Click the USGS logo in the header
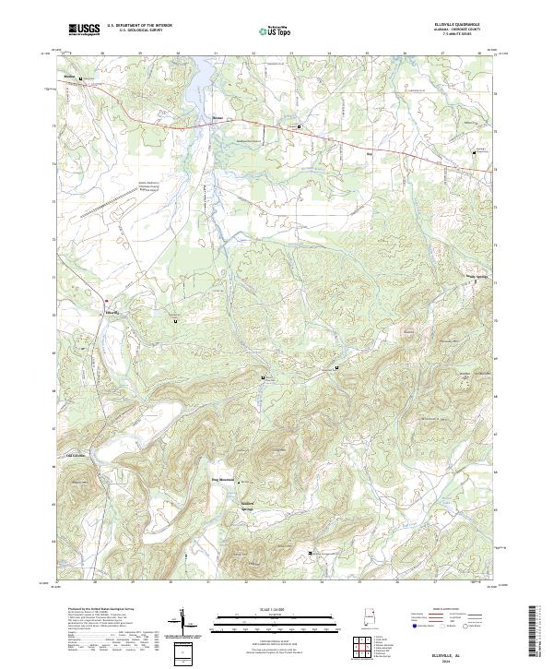83,29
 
